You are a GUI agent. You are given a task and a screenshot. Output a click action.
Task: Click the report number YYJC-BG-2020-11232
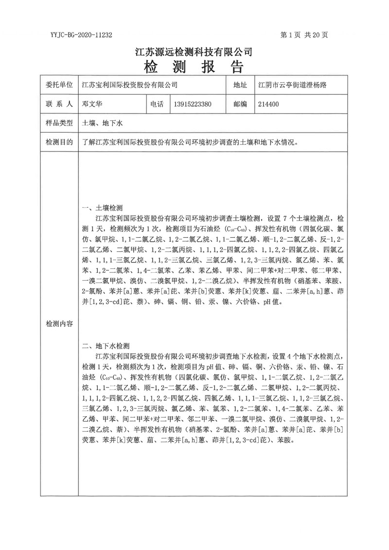[82, 35]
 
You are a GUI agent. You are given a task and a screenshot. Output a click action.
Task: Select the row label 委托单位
[59, 85]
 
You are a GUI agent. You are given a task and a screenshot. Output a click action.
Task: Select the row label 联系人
[59, 104]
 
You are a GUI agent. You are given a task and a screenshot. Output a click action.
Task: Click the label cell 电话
[157, 104]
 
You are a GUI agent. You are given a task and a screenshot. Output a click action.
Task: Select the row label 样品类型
[59, 124]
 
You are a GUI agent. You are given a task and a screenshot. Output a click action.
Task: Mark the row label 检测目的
[59, 142]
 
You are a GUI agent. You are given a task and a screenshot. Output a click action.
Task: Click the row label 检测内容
[59, 323]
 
